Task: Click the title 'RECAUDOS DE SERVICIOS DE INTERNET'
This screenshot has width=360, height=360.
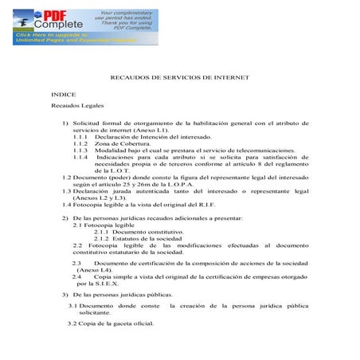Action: click(180, 77)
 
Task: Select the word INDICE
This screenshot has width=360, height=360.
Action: click(63, 94)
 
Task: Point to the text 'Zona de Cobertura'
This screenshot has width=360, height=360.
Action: click(120, 144)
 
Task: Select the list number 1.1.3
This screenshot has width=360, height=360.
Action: click(80, 151)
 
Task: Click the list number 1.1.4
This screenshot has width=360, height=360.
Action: click(80, 158)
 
